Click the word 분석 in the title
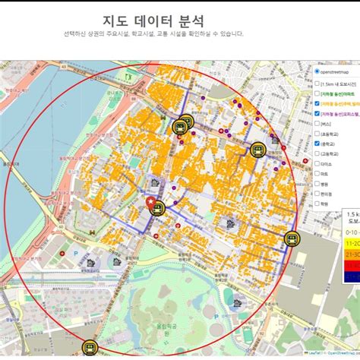pyautogui.click(x=189, y=21)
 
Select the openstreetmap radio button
pyautogui.click(x=317, y=71)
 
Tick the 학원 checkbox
pyautogui.click(x=317, y=204)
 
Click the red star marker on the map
pyautogui.click(x=152, y=201)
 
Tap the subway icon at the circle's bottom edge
pyautogui.click(x=90, y=348)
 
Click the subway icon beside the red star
pyautogui.click(x=157, y=208)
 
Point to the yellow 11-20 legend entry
pyautogui.click(x=352, y=243)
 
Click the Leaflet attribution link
pyautogui.click(x=314, y=353)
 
